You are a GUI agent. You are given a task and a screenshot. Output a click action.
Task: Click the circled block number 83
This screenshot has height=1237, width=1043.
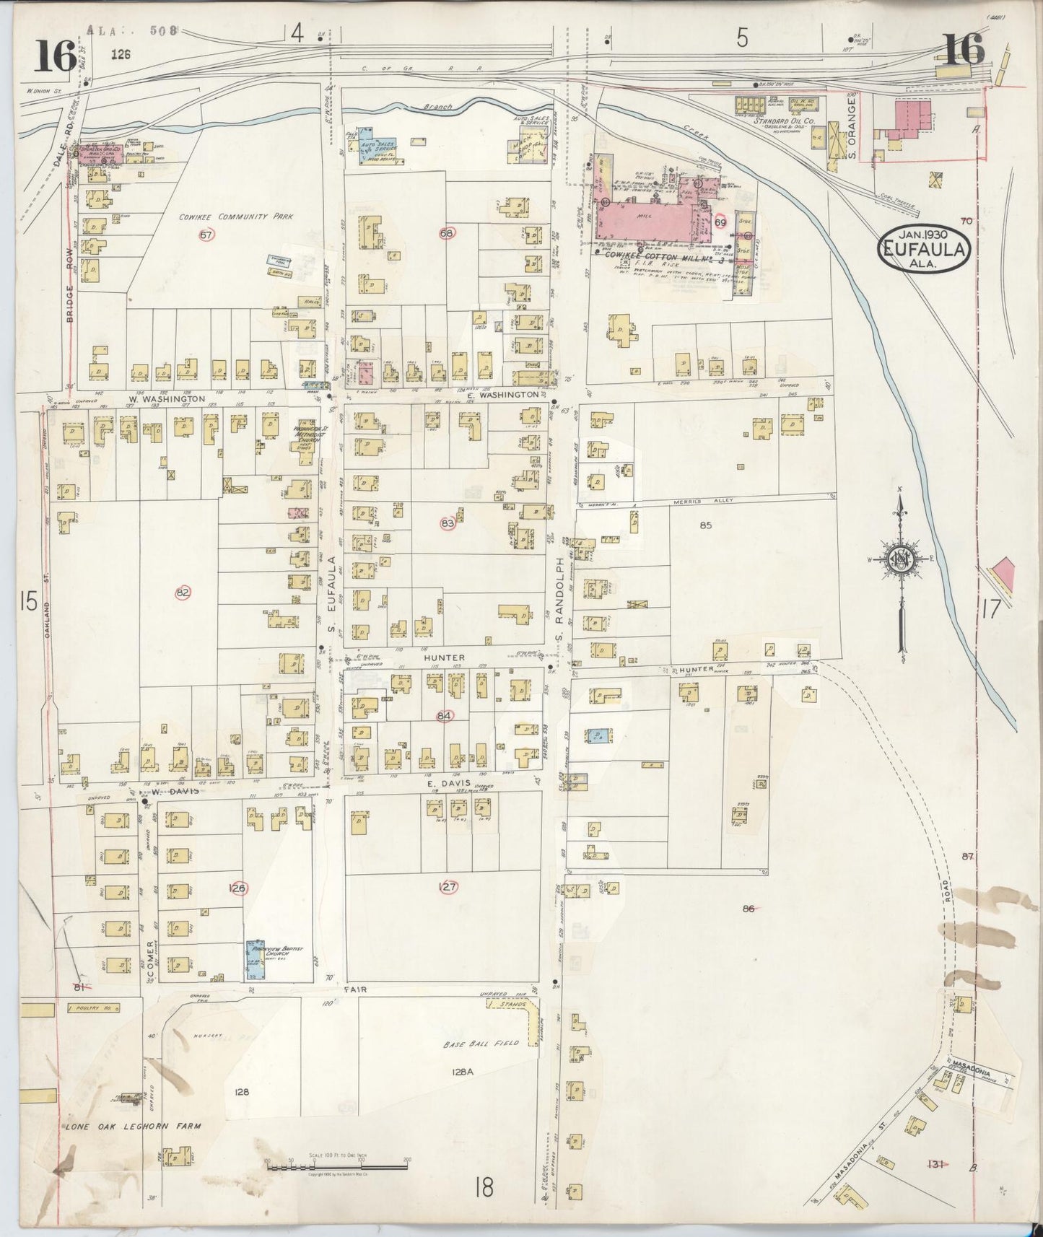point(448,523)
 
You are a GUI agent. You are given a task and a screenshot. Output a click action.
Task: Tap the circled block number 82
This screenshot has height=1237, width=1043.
point(183,593)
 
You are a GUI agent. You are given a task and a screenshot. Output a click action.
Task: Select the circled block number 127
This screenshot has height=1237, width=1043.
point(448,887)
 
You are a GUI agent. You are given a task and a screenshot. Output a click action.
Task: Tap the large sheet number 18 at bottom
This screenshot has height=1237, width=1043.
point(484,1187)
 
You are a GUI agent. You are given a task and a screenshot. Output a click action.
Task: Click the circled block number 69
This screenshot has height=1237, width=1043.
point(720,223)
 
